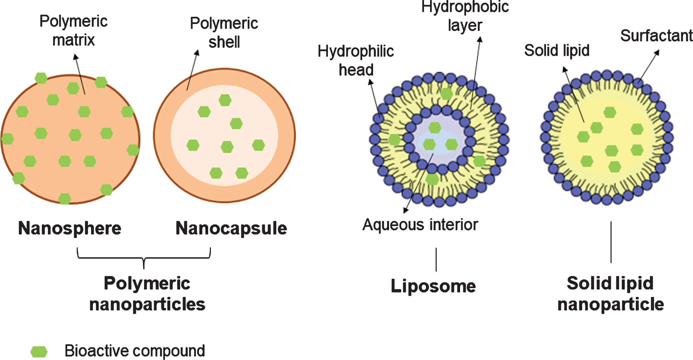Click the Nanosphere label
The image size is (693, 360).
(x=70, y=229)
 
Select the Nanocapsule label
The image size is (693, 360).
(x=231, y=229)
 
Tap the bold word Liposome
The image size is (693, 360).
(x=433, y=286)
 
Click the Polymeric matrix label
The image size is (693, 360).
(x=74, y=31)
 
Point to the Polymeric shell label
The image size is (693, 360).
(x=224, y=33)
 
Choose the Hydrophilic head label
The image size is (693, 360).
(x=356, y=60)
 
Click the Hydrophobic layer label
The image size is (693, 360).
(x=465, y=16)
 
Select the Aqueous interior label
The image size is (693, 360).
(x=420, y=225)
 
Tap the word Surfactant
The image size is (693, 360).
(x=657, y=36)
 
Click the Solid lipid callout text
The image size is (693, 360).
(x=557, y=50)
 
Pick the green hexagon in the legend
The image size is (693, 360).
(x=39, y=351)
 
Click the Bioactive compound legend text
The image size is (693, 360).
(x=135, y=351)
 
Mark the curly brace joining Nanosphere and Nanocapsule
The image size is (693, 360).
(x=144, y=258)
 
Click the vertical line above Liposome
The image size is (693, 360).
(x=436, y=260)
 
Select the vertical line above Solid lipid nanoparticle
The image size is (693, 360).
(x=611, y=242)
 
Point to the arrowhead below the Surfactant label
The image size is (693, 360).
(x=657, y=52)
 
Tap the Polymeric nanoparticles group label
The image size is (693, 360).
(x=147, y=294)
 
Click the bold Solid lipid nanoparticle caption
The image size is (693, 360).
(x=611, y=294)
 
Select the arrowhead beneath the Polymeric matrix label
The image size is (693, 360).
(x=76, y=56)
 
